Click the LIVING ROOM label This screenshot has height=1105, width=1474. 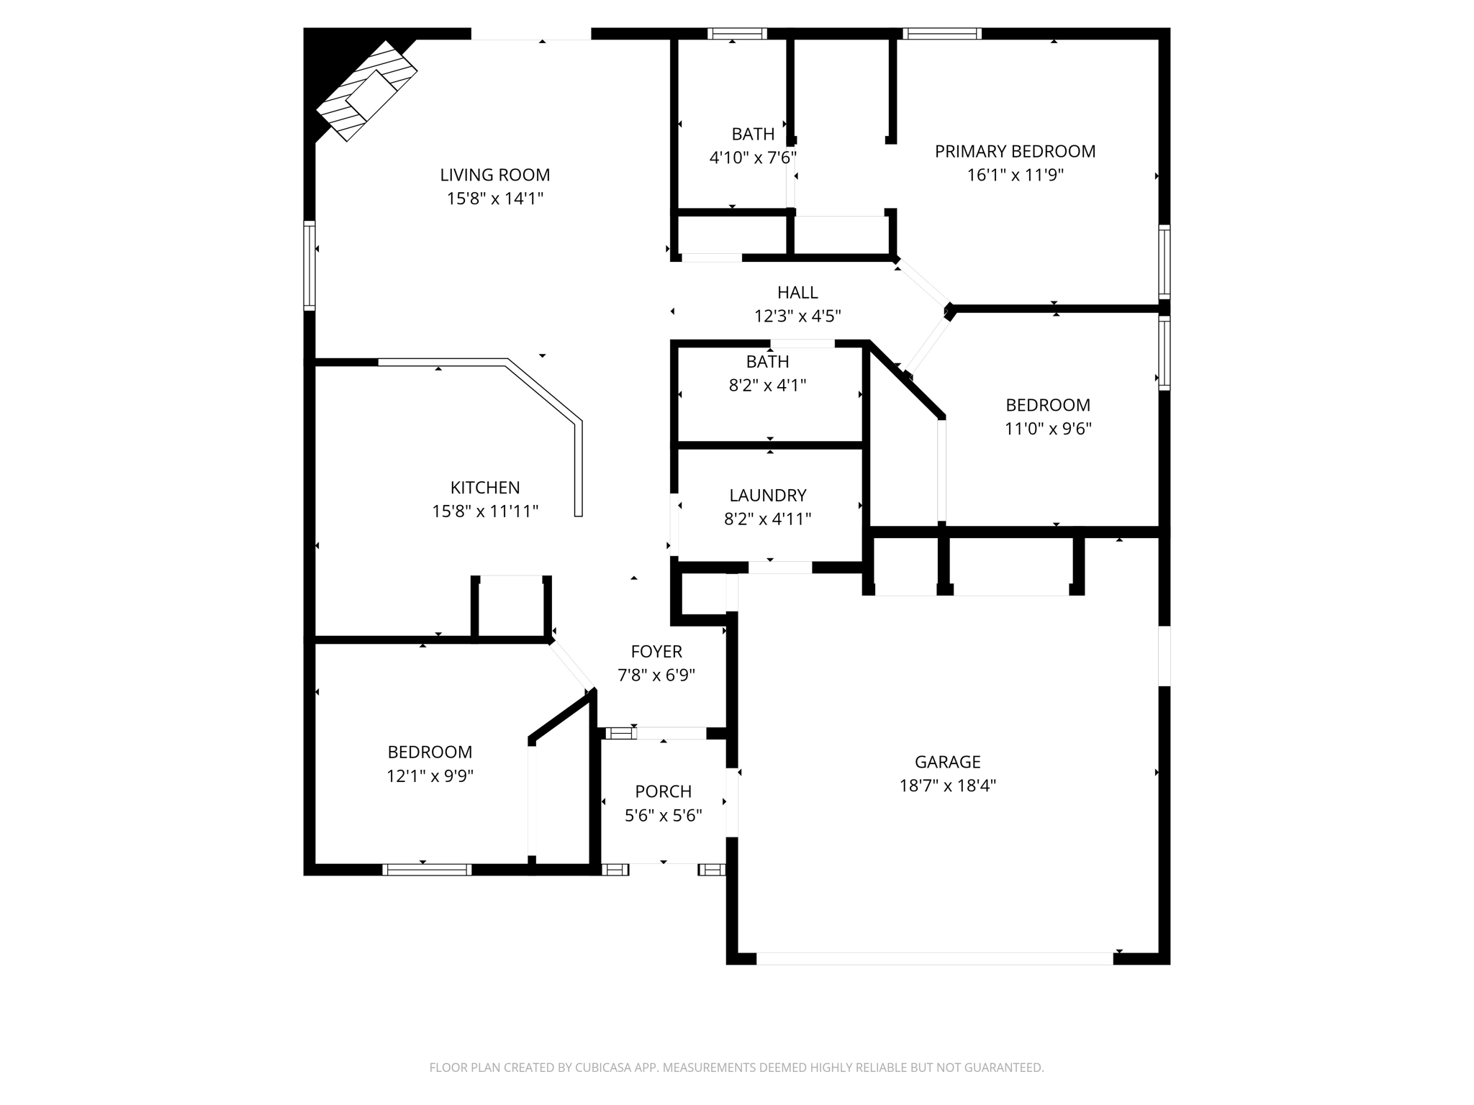coord(495,175)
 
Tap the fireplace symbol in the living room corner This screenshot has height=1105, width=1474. coord(367,91)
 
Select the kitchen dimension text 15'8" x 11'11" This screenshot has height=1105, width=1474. coord(485,511)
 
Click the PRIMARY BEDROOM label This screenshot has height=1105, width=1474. coord(1015,151)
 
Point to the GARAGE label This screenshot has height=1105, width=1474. coord(947,762)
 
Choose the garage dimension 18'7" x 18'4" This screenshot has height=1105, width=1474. coord(947,786)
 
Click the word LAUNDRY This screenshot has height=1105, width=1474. coord(768,495)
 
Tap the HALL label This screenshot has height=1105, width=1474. coord(797,292)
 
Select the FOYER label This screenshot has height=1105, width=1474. coord(656,652)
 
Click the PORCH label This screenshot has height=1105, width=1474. coord(663,791)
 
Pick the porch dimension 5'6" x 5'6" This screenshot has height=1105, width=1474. coord(663,816)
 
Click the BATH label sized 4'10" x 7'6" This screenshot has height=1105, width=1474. coord(753,134)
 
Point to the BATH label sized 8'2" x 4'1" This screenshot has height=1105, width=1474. coord(767,362)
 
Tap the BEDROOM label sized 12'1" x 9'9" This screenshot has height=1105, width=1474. coord(430,752)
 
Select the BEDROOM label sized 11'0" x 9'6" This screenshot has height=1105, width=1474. coord(1048,405)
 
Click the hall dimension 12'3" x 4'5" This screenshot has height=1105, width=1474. coord(797,316)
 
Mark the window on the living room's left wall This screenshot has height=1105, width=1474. coord(309,265)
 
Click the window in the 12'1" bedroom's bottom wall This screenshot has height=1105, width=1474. coord(427,870)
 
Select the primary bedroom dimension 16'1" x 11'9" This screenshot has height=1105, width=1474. coord(1015,175)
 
